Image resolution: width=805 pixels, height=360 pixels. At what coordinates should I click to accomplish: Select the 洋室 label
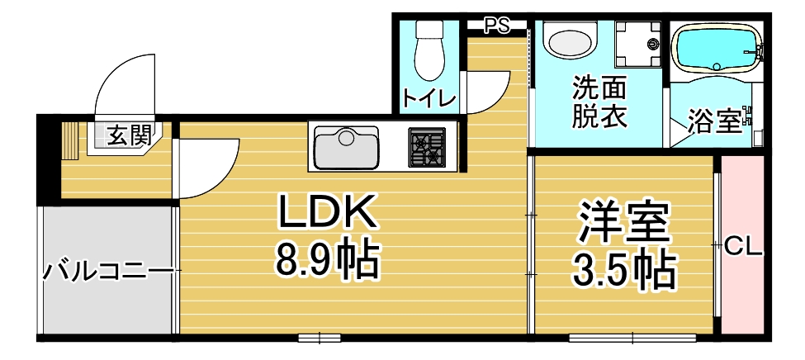tap(624, 221)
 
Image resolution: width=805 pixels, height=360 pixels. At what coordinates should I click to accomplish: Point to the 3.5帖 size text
tap(624, 268)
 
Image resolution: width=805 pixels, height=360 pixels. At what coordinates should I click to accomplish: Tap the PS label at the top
tap(496, 26)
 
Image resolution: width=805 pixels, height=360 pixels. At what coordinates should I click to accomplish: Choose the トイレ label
tap(429, 100)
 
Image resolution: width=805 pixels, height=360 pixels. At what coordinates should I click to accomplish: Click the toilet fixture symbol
tap(429, 50)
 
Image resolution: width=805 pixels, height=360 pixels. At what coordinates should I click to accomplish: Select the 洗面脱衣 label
tap(599, 102)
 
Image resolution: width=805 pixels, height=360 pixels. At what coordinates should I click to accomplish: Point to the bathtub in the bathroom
tap(715, 50)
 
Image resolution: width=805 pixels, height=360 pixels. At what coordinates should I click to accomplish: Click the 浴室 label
tap(715, 122)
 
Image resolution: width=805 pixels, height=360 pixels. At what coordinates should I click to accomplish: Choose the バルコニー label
tap(107, 270)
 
